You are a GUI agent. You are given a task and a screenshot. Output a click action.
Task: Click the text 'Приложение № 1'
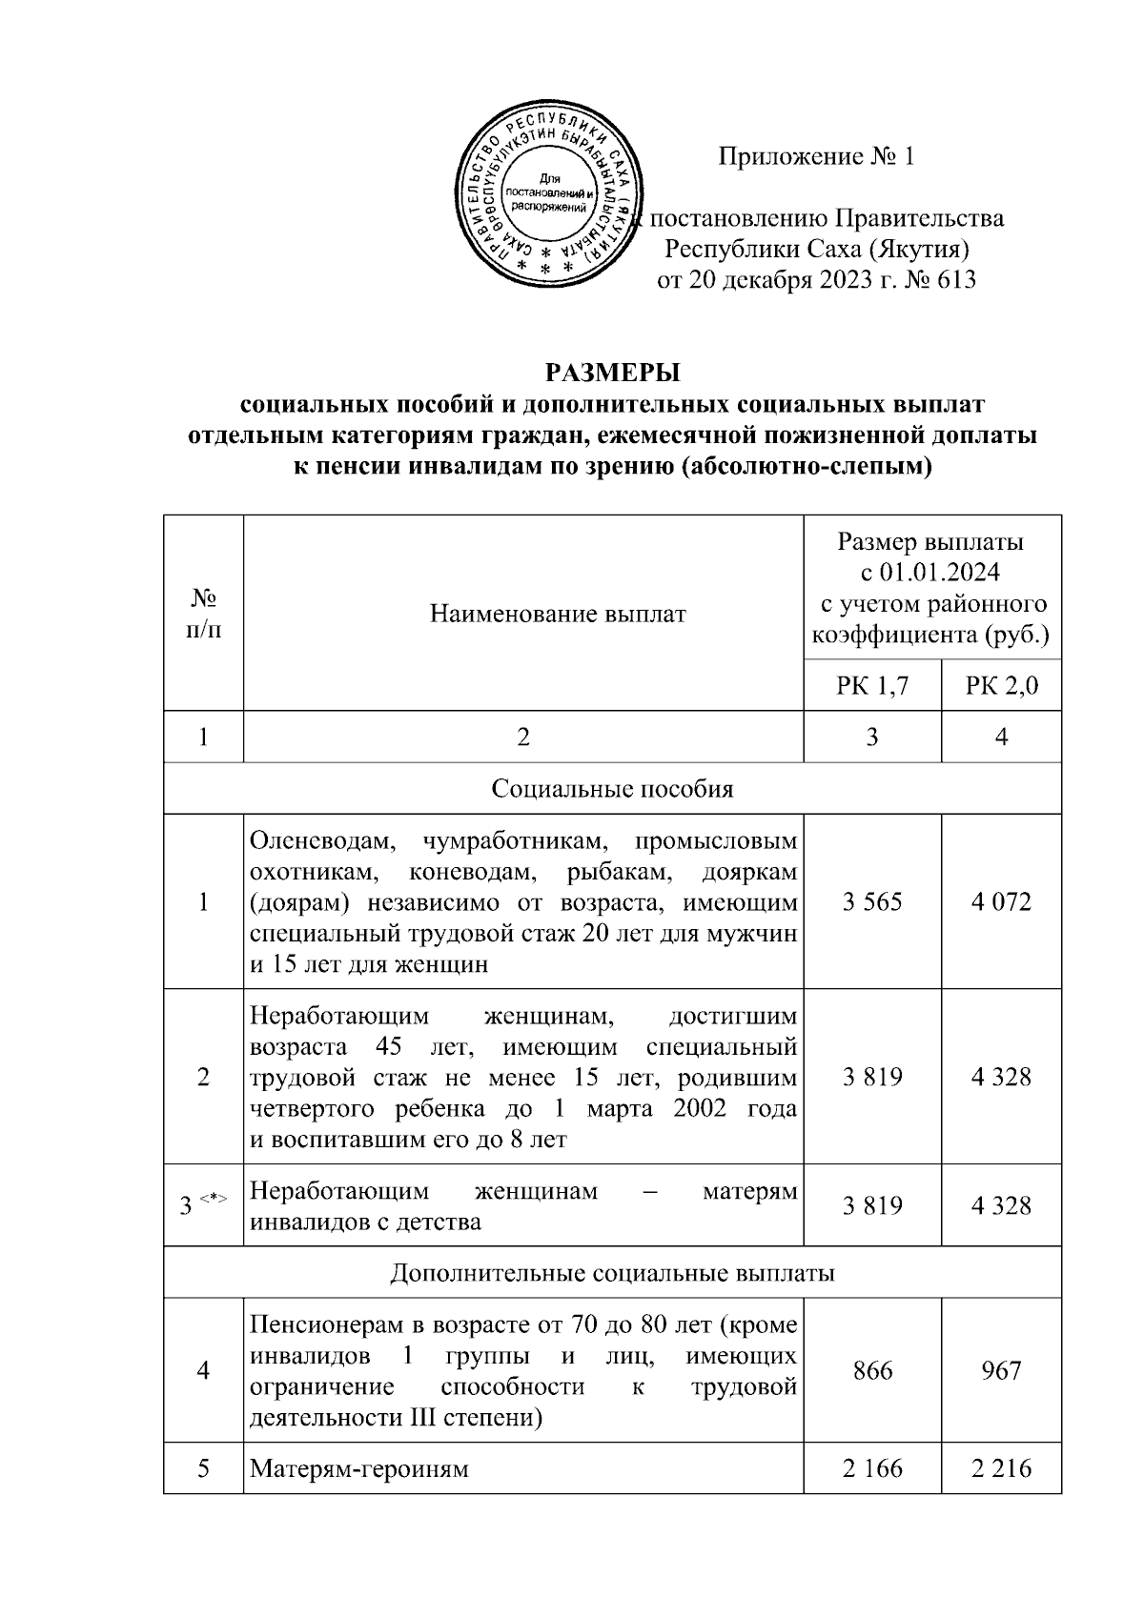pos(816,156)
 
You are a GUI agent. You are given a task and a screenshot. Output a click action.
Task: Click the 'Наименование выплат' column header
pos(558,614)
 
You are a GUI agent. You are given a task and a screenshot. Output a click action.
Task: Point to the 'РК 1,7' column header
pos(871,686)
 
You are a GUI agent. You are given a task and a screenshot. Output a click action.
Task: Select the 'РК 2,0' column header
pos(1001,686)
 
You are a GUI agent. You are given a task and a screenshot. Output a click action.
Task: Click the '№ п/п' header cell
pos(203,614)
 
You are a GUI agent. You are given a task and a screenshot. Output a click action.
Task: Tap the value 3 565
pos(871,901)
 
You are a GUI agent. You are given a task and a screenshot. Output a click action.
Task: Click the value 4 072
pos(1001,901)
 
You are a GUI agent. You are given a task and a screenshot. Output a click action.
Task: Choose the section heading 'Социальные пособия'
pos(612,789)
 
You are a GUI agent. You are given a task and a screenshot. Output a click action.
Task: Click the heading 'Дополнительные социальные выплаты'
pos(612,1273)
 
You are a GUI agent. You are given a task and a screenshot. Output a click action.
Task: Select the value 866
pos(871,1370)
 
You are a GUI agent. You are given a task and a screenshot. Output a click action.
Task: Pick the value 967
pos(1001,1370)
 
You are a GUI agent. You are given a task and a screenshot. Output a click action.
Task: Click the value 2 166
pos(871,1468)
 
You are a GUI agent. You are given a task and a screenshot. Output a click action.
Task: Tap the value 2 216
pos(1001,1468)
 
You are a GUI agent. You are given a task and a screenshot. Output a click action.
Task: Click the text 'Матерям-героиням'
pos(359,1468)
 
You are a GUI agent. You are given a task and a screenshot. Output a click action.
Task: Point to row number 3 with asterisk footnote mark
pos(203,1206)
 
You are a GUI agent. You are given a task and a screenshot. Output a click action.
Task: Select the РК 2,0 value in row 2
pos(1001,1077)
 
